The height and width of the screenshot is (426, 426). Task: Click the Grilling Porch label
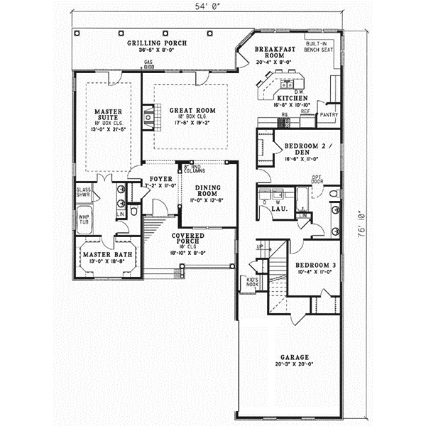coord(157,43)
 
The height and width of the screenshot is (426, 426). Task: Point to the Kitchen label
coord(291,97)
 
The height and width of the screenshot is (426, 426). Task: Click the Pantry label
coord(329,114)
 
